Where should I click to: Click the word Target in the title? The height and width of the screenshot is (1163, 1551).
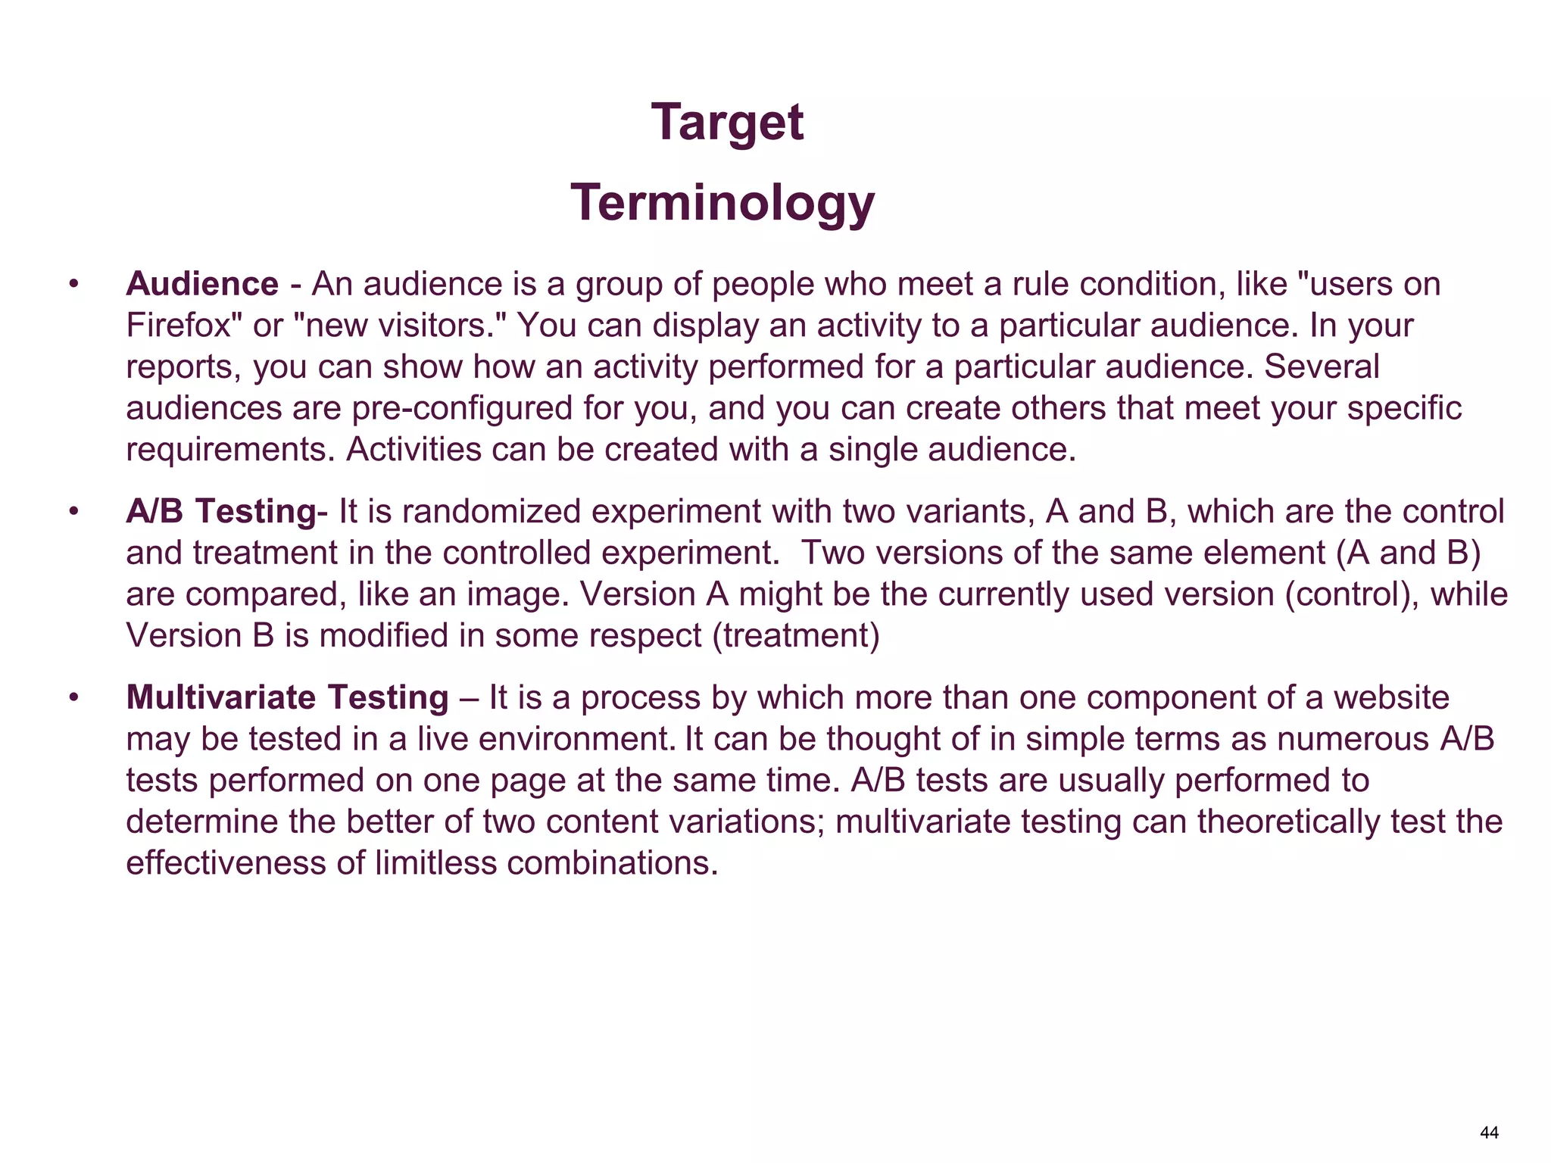click(727, 123)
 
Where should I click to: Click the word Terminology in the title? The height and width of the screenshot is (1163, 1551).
click(722, 203)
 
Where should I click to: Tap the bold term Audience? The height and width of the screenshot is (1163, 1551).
click(202, 284)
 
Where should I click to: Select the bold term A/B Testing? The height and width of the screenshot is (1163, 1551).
click(220, 511)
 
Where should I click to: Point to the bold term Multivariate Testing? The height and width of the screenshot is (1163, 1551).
click(288, 697)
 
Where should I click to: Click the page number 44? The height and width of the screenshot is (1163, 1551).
click(1489, 1133)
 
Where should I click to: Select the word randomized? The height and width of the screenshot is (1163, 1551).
click(492, 511)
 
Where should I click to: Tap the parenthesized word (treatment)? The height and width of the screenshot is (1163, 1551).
click(796, 635)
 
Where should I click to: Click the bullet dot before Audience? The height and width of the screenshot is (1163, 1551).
click(73, 285)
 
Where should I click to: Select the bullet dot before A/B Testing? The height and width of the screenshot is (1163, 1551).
click(73, 512)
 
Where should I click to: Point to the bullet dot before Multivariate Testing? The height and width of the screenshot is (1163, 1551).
click(73, 698)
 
